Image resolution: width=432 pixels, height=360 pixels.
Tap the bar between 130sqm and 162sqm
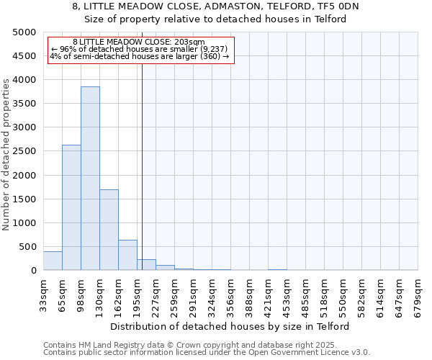[x=109, y=230]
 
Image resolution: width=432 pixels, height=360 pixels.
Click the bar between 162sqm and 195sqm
[x=127, y=255]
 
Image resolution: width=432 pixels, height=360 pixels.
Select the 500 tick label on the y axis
[x=27, y=247]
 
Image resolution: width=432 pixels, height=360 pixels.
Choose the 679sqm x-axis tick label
[x=418, y=294]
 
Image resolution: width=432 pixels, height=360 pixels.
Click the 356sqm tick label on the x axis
[x=230, y=294]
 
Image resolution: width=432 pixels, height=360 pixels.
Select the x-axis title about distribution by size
[x=230, y=326]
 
